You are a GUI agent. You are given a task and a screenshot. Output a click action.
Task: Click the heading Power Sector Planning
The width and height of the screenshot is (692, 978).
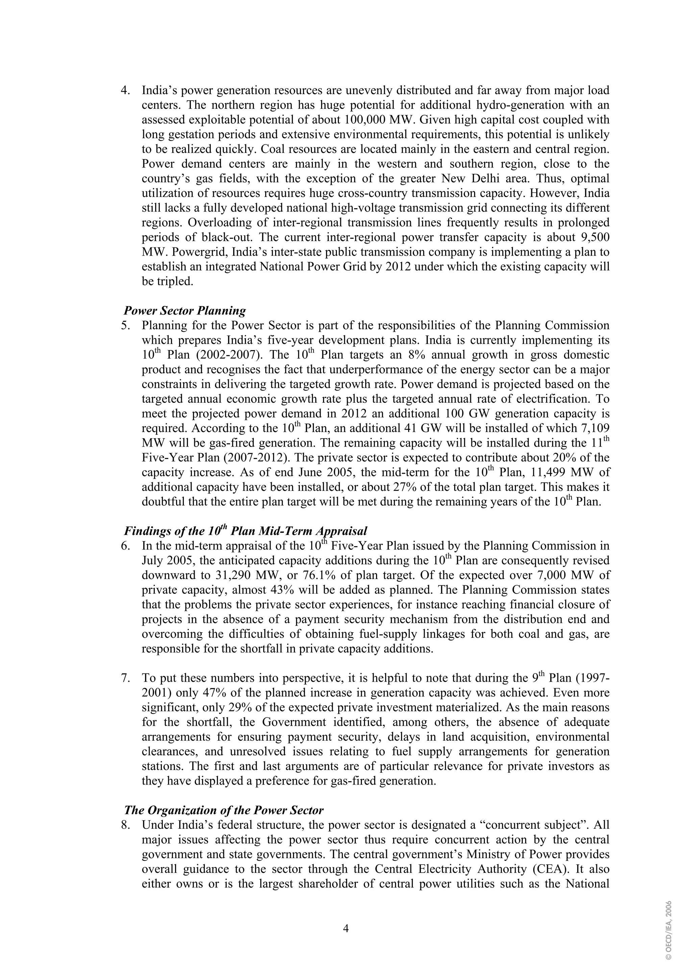[184, 311]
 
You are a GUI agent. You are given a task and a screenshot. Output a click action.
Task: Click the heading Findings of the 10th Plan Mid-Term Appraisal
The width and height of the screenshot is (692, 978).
[245, 531]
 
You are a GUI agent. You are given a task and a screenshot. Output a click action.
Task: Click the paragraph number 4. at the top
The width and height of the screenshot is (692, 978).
[125, 91]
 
